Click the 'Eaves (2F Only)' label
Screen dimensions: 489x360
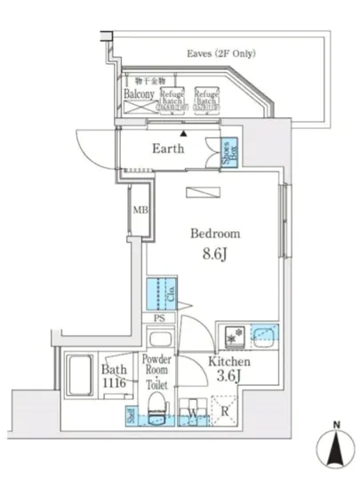223,54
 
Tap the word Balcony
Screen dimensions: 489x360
139,93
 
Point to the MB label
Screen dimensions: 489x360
140,211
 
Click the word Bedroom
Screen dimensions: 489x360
215,234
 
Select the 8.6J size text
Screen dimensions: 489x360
215,254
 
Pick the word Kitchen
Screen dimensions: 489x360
229,362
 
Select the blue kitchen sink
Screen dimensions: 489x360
263,335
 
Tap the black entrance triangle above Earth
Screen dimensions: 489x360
184,131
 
